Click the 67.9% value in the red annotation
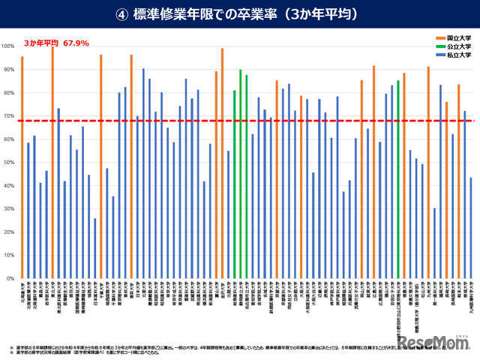(75, 43)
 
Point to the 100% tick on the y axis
(8, 46)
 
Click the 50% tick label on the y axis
(8, 163)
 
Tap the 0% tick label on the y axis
(10, 279)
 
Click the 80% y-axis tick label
(8, 93)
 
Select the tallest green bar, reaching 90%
(240, 174)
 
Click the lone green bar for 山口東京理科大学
(397, 179)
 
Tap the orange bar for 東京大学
(131, 166)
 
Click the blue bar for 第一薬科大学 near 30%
(434, 243)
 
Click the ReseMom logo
(435, 342)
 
